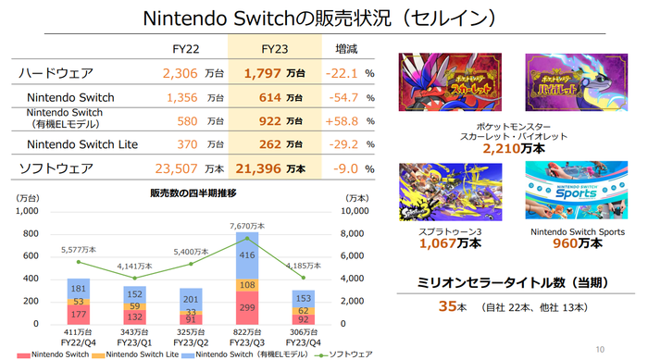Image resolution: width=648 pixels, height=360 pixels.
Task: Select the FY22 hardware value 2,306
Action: tap(181, 72)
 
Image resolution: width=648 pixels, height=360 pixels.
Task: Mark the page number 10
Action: tap(599, 349)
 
